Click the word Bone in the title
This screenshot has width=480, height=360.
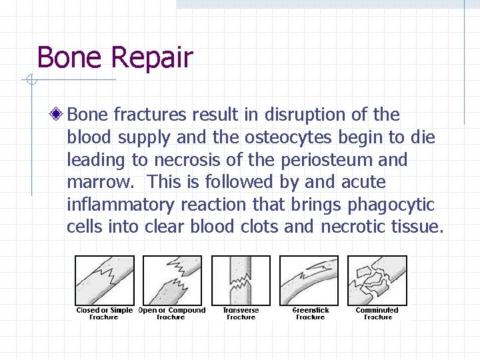(69, 57)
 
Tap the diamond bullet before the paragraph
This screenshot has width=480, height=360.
(59, 115)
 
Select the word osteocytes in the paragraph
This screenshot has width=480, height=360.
(290, 137)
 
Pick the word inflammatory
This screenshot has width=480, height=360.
(129, 205)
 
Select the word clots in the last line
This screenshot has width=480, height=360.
(253, 227)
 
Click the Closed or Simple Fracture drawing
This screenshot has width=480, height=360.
(104, 280)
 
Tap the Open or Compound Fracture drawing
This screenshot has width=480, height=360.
(172, 280)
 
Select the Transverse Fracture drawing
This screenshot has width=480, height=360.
(241, 280)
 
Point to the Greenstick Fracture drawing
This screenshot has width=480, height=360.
(309, 280)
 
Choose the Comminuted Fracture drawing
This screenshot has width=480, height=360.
(378, 280)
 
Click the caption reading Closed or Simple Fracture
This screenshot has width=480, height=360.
(104, 313)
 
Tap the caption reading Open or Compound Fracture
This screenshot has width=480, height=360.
(172, 313)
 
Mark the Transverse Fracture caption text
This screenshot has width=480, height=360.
(241, 313)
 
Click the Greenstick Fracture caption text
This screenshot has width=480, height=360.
(311, 313)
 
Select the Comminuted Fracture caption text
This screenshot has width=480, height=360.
(377, 313)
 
